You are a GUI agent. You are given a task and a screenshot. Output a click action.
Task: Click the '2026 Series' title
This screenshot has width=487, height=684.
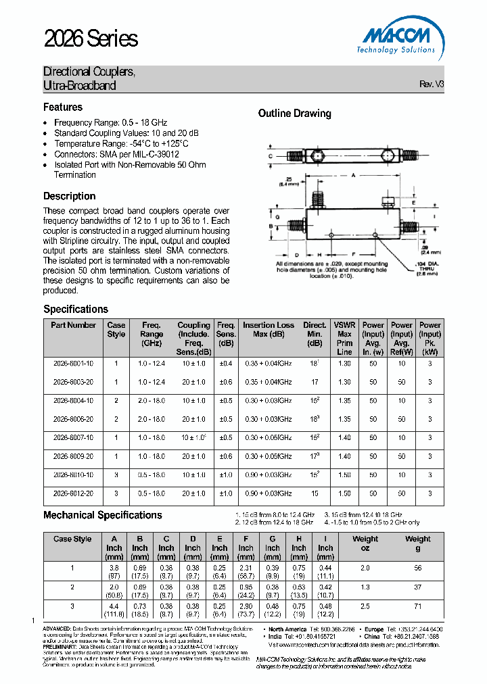tap(91, 39)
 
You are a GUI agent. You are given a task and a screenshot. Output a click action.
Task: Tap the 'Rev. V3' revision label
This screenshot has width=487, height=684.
tap(432, 84)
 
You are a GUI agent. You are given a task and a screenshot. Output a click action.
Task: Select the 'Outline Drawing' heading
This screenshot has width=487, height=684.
tap(294, 114)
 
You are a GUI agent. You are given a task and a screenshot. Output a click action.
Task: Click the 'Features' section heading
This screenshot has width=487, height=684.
tap(63, 107)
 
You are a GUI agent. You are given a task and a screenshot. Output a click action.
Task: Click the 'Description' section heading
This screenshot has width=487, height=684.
tap(70, 196)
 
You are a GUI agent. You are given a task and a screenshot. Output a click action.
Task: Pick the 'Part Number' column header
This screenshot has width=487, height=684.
tap(73, 325)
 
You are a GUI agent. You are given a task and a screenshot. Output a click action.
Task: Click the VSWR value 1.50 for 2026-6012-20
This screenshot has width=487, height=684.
tap(344, 493)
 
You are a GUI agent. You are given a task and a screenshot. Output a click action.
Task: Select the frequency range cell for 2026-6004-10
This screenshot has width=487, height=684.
tap(152, 400)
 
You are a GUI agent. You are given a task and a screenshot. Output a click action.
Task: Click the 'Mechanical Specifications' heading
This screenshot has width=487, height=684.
tap(103, 515)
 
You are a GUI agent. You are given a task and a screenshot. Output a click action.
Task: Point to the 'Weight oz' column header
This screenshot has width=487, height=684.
tap(365, 543)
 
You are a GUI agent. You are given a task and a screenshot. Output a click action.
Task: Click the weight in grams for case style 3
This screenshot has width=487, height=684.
tap(417, 607)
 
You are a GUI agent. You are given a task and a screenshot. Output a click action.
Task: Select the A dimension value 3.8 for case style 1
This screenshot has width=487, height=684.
tap(114, 568)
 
